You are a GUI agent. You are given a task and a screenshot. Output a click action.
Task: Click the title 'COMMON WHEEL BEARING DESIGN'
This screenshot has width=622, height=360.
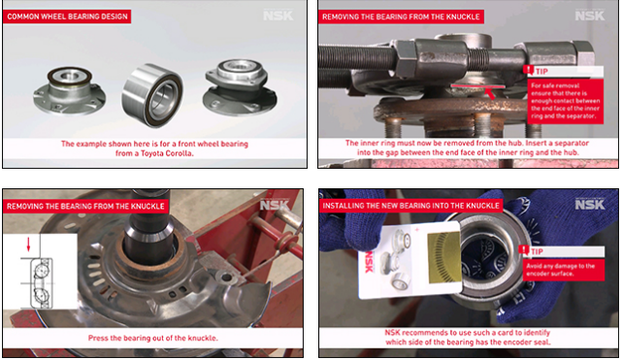tap(67, 16)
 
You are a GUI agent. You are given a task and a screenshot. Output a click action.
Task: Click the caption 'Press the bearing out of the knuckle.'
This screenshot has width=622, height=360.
tap(153, 338)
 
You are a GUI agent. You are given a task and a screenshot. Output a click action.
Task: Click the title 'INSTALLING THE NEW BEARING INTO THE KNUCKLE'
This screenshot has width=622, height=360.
tap(413, 205)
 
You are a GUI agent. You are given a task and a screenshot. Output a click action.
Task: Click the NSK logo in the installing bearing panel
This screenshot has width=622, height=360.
tap(589, 204)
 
